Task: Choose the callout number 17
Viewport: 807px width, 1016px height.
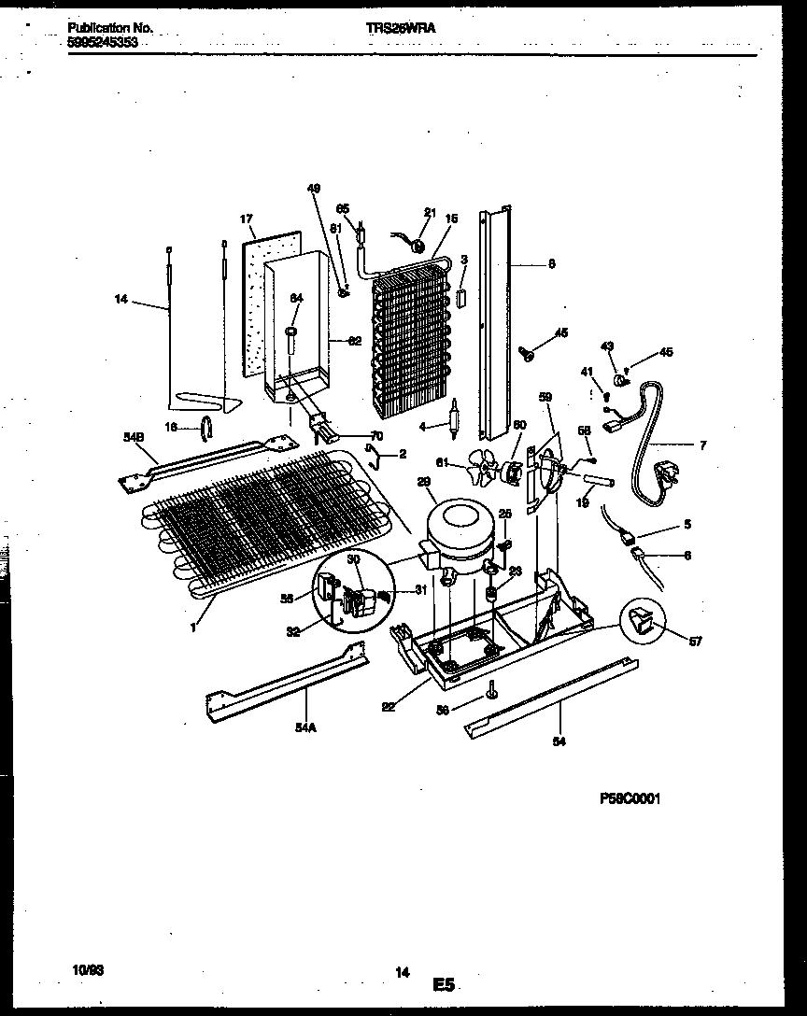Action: [247, 219]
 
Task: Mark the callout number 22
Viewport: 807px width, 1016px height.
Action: [389, 706]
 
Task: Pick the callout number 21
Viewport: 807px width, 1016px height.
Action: [430, 212]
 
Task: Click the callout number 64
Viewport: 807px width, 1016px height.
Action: [296, 299]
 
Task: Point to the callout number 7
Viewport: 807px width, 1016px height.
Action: [701, 444]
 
